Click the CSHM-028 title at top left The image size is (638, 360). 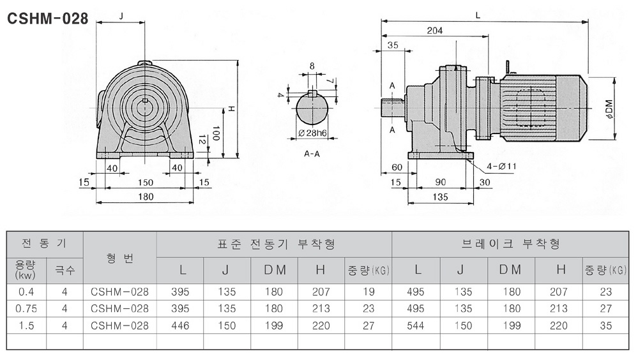(47, 19)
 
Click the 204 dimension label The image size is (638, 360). (434, 30)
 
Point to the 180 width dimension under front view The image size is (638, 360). (146, 197)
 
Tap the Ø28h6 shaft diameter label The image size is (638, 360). (313, 134)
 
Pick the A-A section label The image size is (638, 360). (312, 154)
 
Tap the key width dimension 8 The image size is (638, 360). (312, 66)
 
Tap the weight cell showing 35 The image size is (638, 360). (606, 325)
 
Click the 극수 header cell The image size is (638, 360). (65, 270)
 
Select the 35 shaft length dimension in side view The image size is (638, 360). (392, 45)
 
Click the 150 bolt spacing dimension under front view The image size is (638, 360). (146, 183)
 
